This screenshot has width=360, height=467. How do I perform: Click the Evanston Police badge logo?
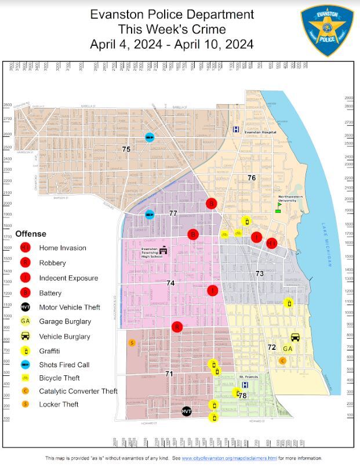tap(327, 30)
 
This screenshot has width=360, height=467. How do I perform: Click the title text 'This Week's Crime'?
tap(172, 29)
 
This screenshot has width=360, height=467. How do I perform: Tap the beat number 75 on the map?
tap(126, 149)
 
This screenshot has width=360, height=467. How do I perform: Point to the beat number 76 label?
tap(252, 178)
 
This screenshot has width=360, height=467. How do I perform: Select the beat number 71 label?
tap(169, 374)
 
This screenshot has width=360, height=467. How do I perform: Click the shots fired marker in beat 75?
tap(150, 137)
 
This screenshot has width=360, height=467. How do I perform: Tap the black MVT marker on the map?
tap(187, 411)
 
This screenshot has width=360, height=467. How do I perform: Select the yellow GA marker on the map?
tap(288, 349)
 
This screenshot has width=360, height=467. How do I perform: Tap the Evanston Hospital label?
tap(260, 132)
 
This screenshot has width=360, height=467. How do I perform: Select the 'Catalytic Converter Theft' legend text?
tap(78, 391)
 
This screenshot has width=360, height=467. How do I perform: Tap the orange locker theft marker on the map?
tap(132, 343)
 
